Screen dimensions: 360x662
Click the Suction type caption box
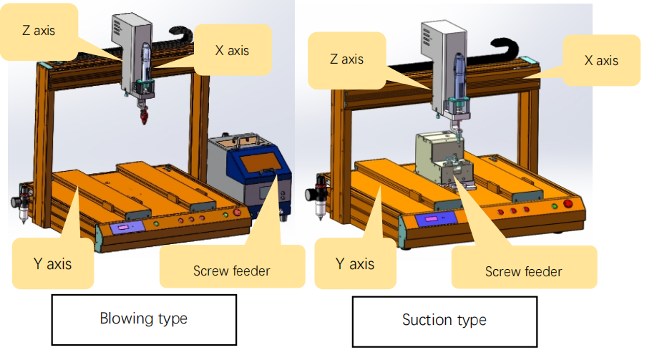[444, 320]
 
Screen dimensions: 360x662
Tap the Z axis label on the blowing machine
[39, 31]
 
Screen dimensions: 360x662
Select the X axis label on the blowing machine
[233, 49]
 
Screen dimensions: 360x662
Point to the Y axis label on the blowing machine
[53, 263]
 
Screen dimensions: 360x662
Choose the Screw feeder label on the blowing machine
[232, 271]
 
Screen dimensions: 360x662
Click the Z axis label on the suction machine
[346, 59]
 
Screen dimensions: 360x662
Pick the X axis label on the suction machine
[601, 60]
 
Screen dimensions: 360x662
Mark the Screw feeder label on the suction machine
[523, 271]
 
